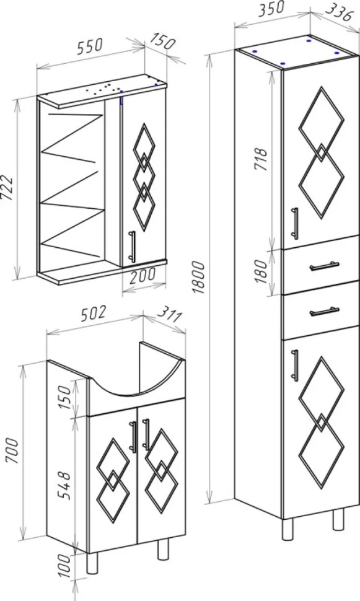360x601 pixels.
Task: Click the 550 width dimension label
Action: click(x=90, y=46)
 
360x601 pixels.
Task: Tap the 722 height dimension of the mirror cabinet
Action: click(x=8, y=188)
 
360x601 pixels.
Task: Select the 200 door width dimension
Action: click(x=143, y=274)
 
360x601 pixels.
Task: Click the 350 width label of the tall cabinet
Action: click(x=271, y=9)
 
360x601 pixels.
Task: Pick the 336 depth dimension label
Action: click(x=338, y=14)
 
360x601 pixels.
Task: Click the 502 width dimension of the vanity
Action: click(x=92, y=313)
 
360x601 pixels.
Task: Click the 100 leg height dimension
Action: click(x=65, y=565)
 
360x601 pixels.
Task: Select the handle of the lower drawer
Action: click(x=324, y=311)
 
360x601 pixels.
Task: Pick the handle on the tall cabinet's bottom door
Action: click(x=294, y=366)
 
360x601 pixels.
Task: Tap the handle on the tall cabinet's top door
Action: click(x=294, y=223)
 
